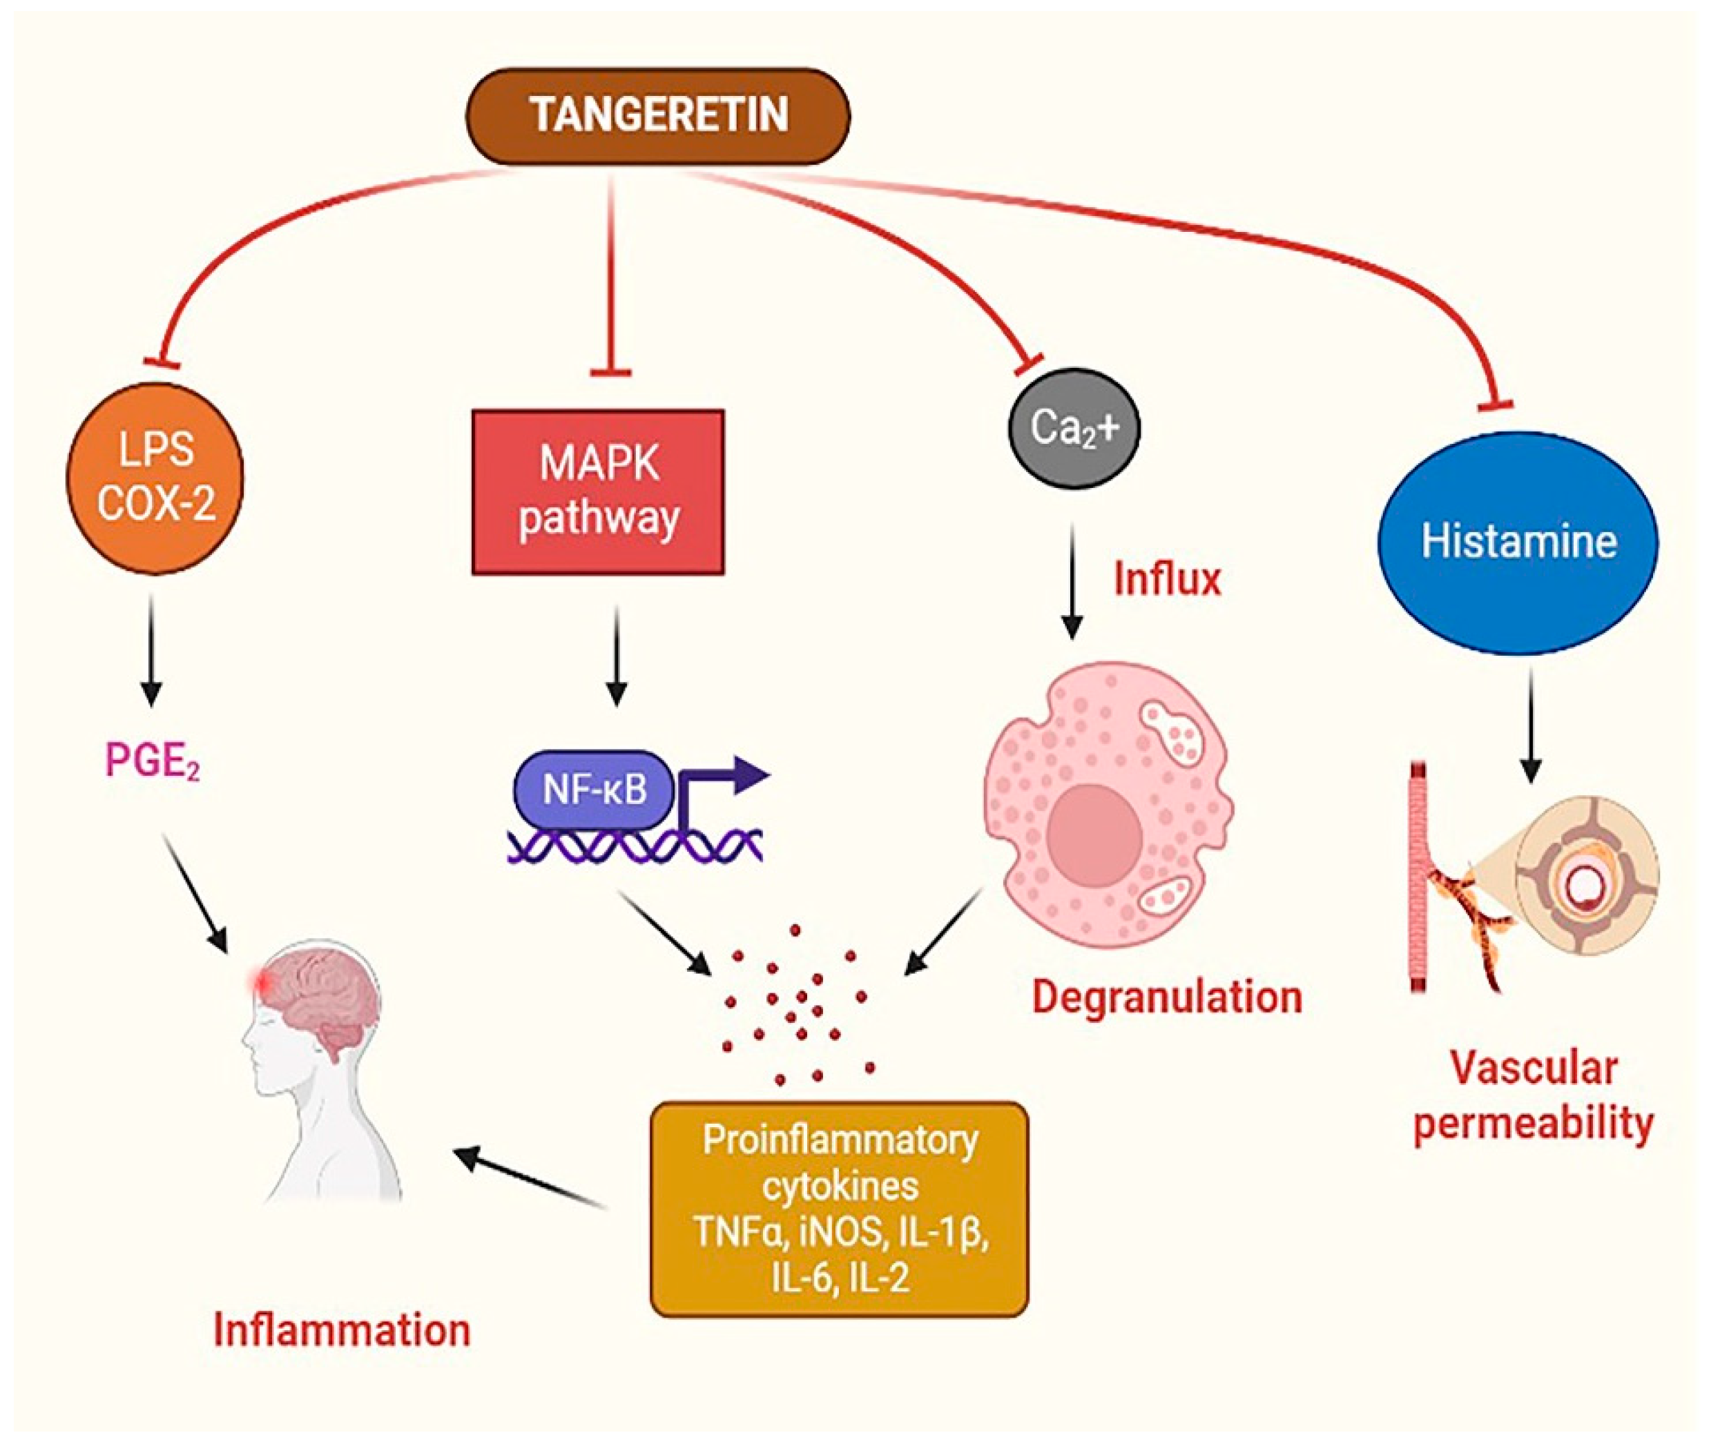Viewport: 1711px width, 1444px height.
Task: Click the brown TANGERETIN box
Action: (x=657, y=115)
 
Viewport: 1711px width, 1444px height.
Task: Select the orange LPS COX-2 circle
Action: (x=155, y=476)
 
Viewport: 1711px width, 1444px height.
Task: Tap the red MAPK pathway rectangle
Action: (x=599, y=491)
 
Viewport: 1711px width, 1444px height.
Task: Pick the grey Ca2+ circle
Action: (x=1072, y=428)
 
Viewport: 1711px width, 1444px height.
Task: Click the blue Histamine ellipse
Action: (x=1518, y=542)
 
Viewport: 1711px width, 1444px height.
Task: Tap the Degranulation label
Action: (x=1167, y=997)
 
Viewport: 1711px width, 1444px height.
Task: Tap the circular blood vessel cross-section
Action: (x=1587, y=876)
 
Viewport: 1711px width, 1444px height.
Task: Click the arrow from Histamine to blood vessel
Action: (x=1530, y=725)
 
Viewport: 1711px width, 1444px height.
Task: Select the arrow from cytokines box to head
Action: (x=532, y=1177)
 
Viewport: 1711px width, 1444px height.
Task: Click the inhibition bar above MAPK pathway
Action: (x=610, y=373)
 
